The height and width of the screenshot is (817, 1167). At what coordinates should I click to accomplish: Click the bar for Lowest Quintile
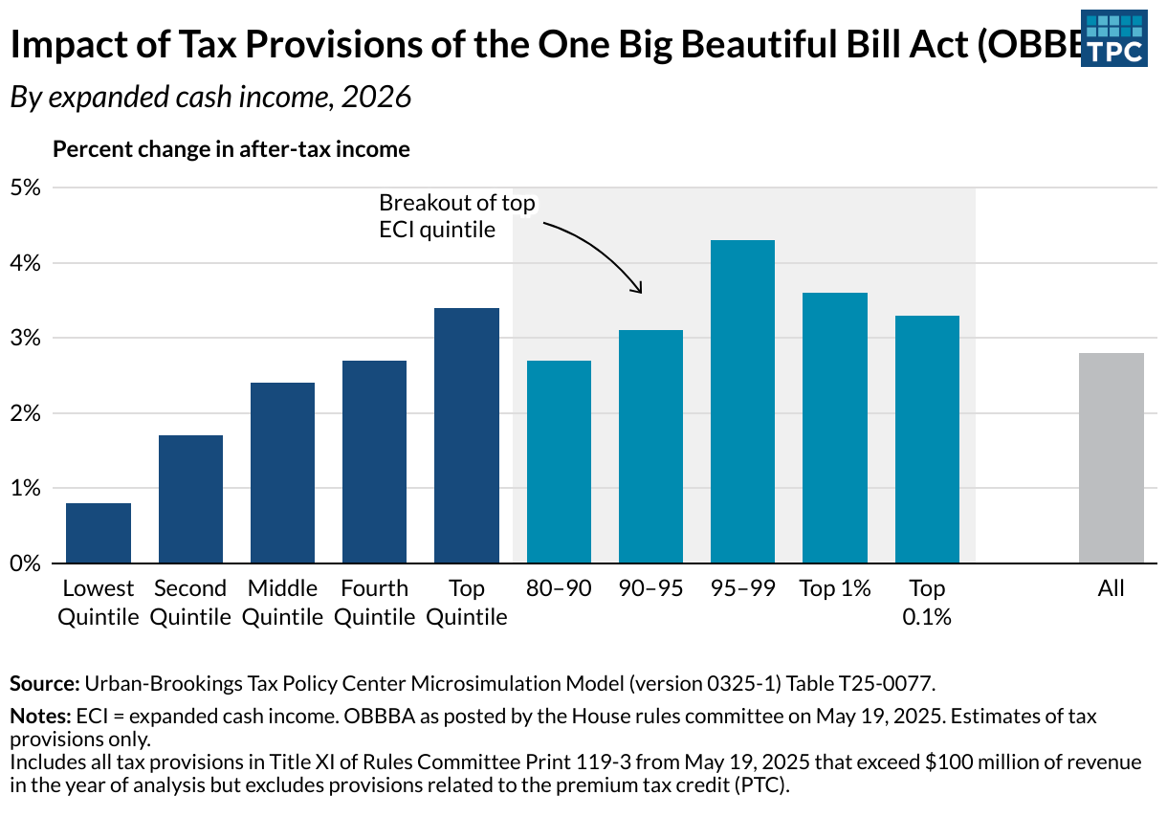99,533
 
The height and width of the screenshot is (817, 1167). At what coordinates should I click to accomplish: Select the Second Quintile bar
190,498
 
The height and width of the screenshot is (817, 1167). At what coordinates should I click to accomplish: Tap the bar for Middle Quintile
282,473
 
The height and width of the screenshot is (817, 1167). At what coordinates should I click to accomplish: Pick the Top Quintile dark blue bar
467,435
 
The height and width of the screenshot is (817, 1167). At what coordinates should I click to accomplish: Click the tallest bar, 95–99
742,402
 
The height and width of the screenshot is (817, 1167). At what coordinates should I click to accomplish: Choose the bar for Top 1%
835,428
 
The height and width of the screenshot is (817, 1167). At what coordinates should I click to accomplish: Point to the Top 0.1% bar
927,439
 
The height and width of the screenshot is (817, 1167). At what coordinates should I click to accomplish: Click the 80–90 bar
559,461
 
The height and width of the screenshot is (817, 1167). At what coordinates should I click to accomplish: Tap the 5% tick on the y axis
27,188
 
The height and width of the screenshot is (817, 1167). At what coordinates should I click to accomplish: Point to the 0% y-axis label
27,563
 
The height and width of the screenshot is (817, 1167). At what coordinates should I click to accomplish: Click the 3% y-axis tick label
27,338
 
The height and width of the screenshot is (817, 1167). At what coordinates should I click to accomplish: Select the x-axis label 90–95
650,588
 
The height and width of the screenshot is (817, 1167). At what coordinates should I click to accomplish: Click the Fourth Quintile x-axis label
375,603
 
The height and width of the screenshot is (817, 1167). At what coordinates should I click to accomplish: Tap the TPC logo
1113,39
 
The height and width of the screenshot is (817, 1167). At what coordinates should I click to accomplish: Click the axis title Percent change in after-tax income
231,149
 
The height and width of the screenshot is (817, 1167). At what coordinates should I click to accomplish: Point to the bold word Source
44,683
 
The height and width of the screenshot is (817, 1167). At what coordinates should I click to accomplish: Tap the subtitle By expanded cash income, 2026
210,98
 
